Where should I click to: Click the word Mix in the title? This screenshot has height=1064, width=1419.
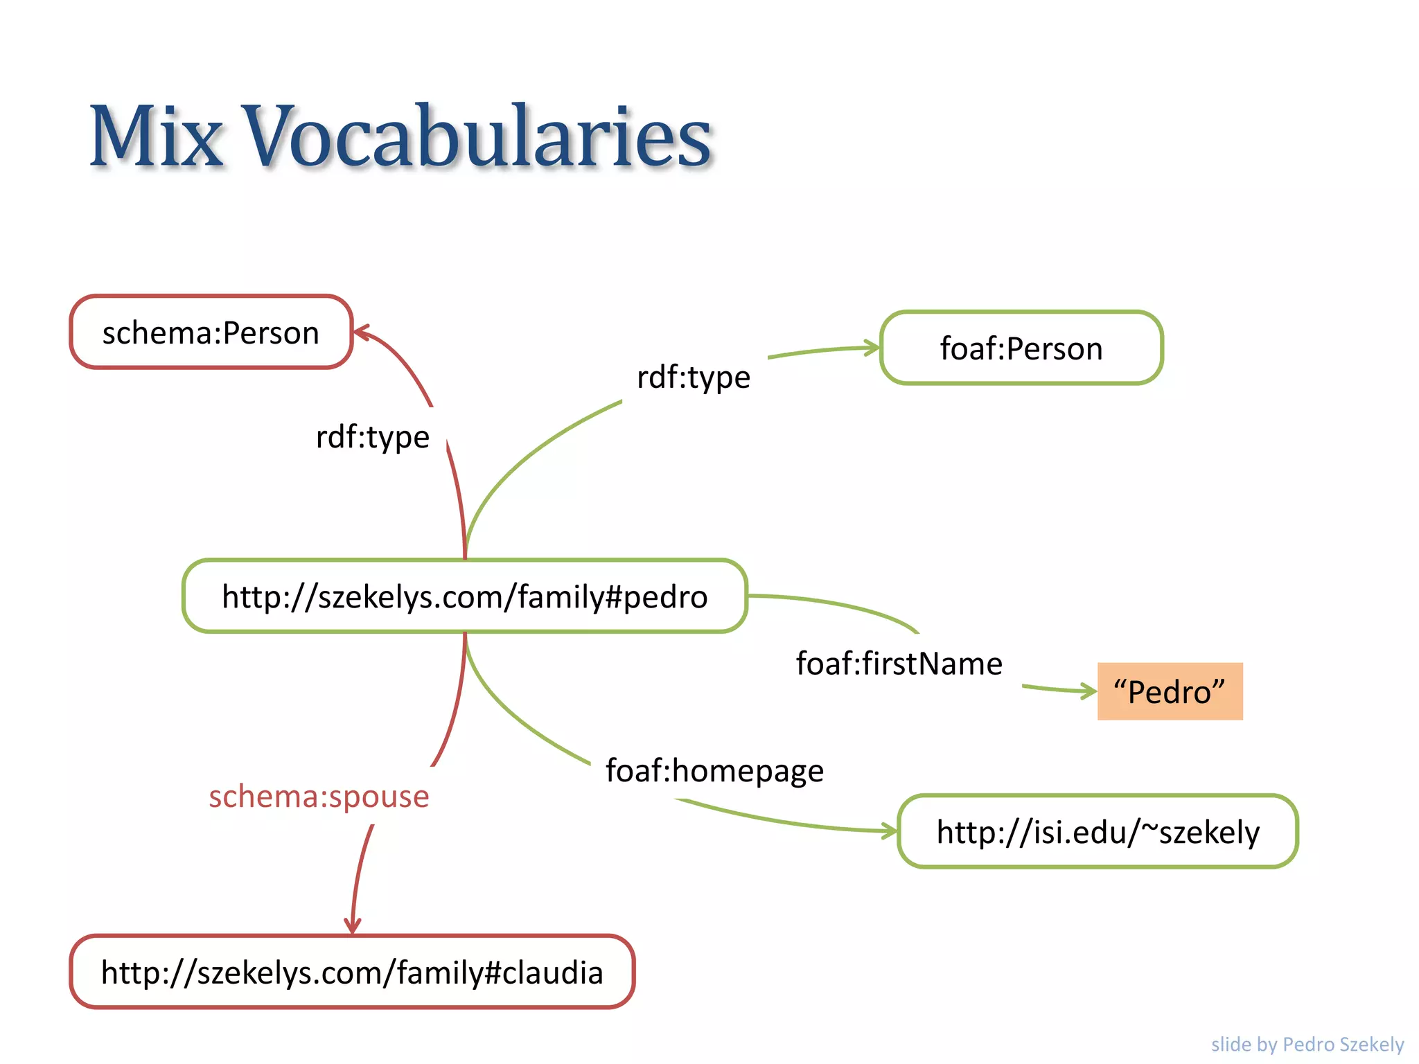[157, 136]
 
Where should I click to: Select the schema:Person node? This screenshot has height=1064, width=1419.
[211, 332]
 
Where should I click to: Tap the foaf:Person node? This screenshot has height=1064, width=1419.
[1021, 348]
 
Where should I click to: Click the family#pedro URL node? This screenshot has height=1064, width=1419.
[465, 596]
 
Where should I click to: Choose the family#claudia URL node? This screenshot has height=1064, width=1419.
[352, 972]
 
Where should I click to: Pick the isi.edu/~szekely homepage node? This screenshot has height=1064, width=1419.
[1098, 831]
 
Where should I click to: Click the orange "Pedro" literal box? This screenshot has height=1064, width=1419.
[1170, 691]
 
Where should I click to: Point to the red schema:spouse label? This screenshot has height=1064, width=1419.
[319, 796]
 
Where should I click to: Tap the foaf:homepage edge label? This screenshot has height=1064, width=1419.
[714, 770]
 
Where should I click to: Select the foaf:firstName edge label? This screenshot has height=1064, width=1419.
[899, 664]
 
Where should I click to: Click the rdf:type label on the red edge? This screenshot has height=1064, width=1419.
[373, 436]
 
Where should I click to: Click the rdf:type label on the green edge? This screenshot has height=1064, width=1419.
[694, 377]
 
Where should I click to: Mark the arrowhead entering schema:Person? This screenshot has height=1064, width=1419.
[361, 332]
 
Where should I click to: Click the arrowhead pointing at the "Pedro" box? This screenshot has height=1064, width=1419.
[1090, 691]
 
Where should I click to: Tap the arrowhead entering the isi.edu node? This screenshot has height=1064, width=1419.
[891, 831]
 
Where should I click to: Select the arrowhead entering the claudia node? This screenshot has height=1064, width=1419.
[353, 928]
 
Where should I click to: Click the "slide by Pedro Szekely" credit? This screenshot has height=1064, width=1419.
[1307, 1044]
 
